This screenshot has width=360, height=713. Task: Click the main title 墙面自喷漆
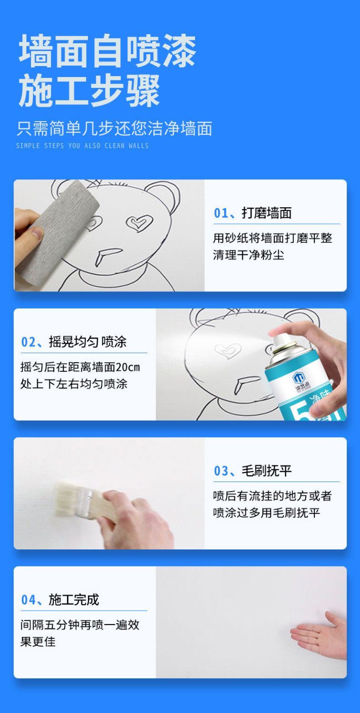107,50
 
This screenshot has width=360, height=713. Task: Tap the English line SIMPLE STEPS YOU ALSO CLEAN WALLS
82,146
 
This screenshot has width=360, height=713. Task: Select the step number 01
221,213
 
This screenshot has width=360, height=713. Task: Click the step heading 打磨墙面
267,213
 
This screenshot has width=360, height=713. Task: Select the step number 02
29,342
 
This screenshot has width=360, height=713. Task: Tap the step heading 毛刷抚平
267,471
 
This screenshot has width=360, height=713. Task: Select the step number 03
221,471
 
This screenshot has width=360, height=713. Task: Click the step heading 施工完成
74,600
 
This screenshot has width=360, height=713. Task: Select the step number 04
29,600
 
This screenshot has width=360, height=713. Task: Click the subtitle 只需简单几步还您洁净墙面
114,129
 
